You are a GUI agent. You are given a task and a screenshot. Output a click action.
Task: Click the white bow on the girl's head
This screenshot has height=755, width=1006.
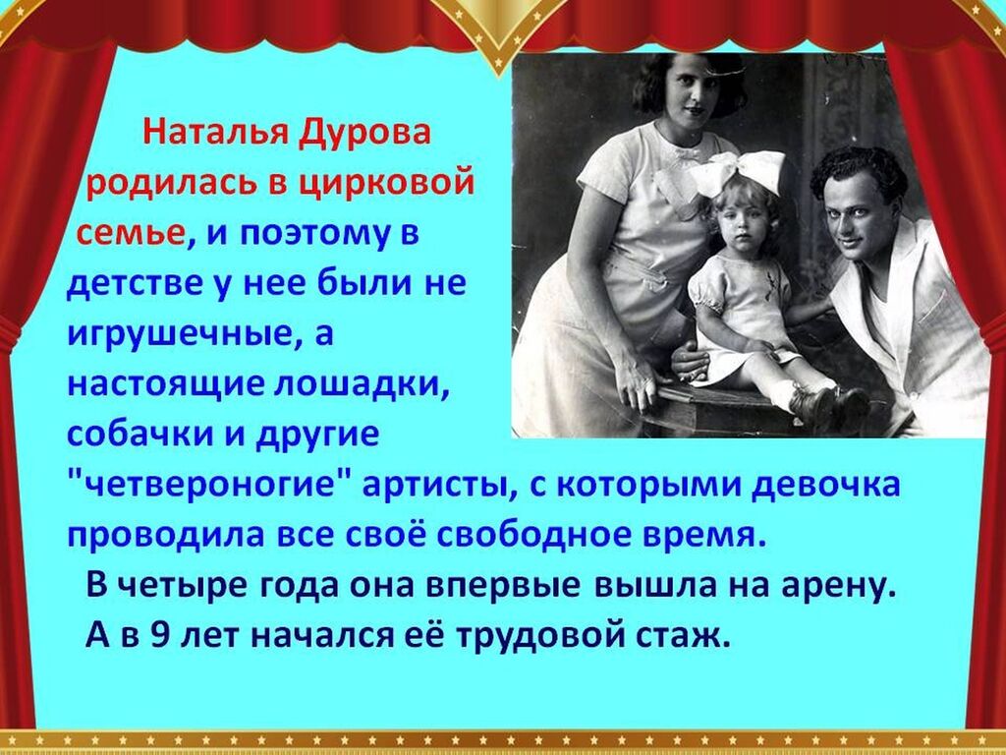(x=737, y=172)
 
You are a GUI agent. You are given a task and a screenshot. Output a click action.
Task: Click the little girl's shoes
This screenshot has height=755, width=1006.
(x=827, y=405)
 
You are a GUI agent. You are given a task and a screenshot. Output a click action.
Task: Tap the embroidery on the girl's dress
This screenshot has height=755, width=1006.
(x=771, y=282)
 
